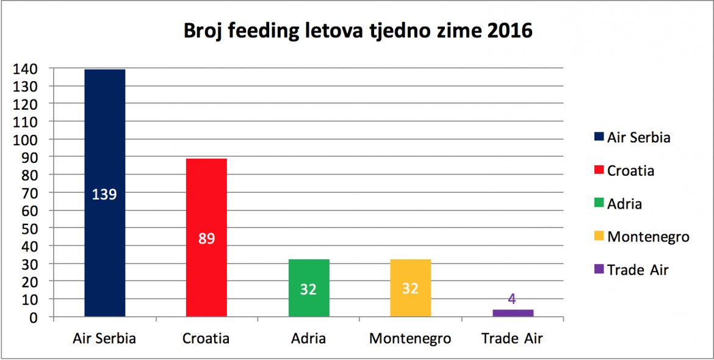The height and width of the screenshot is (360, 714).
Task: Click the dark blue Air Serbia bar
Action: point(105,193)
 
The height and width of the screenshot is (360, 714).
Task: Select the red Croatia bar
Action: point(207,237)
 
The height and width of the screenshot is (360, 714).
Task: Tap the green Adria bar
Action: point(309,288)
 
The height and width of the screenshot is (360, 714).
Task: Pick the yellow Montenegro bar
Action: point(410,288)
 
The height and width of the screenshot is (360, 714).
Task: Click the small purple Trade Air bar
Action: point(513,313)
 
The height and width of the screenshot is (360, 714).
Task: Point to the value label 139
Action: point(105,194)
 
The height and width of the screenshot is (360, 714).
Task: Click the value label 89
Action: point(207,239)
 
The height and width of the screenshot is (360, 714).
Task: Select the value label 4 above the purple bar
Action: point(512,300)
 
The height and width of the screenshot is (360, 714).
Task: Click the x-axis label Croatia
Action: point(206,339)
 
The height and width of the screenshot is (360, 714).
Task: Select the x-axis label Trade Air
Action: point(512,339)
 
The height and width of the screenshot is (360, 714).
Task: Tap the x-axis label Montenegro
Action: point(410,340)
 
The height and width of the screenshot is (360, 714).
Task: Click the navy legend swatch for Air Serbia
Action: point(598,137)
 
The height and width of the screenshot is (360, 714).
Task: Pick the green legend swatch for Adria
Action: point(598,203)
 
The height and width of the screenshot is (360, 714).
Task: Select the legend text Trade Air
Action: point(638,270)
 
